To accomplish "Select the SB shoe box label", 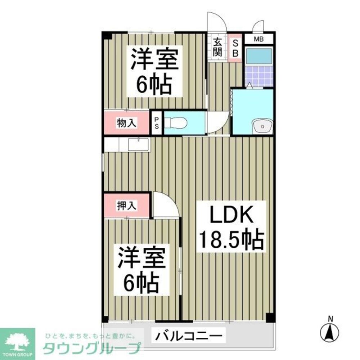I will (235, 48).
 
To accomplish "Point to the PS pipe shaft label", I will (157, 123).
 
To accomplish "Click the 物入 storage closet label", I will (126, 123).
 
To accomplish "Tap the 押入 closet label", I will (126, 206).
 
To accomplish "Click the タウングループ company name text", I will (91, 348).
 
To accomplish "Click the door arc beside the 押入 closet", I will (165, 206).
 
